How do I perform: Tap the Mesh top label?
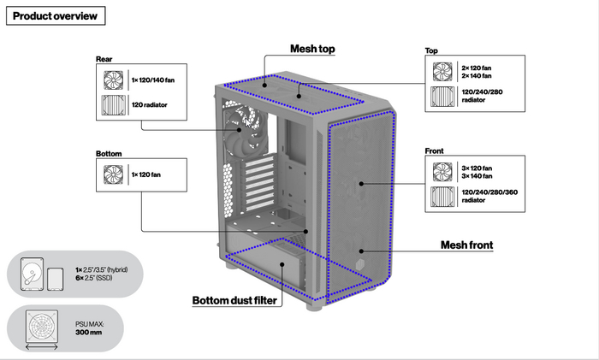[x=312, y=49]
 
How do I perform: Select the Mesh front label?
[x=466, y=245]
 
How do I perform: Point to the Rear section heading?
[x=104, y=59]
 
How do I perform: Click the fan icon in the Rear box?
[x=113, y=80]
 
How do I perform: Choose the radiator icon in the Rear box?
[x=113, y=106]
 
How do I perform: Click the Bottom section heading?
[x=109, y=154]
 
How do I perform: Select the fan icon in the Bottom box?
[x=113, y=174]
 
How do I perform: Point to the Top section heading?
[x=431, y=51]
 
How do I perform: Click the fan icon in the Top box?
[x=442, y=71]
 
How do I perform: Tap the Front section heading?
[x=434, y=151]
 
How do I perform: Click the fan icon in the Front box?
[x=442, y=171]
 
